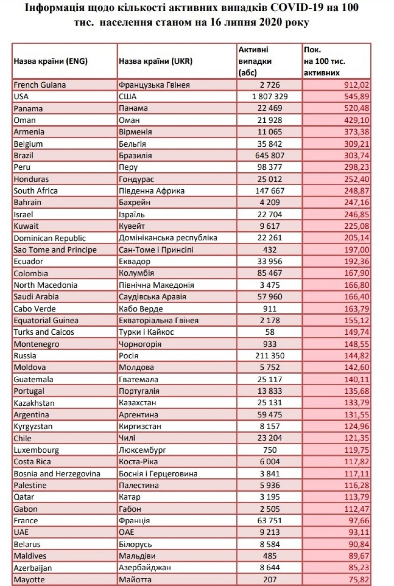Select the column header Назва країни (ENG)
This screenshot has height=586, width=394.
point(51,61)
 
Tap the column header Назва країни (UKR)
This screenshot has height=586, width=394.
point(156,61)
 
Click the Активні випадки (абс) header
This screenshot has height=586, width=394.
point(255,61)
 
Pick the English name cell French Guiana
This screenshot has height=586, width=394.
point(40,85)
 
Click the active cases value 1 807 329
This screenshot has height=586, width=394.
point(270,96)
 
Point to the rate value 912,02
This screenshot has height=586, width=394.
point(357,85)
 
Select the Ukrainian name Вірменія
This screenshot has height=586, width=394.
point(135,132)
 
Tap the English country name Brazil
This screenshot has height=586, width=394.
point(23,156)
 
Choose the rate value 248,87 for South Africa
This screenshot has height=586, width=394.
point(357,191)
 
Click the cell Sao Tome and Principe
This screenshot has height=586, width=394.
point(55,250)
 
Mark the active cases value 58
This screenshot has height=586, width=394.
point(270,332)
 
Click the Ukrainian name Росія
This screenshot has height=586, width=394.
point(129,356)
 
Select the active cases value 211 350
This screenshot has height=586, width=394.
point(270,356)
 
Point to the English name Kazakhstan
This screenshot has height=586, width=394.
point(34,403)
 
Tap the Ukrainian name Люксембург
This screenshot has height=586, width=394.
point(142,450)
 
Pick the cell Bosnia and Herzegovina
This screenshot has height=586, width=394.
point(57,473)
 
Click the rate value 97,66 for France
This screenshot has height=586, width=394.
point(359,521)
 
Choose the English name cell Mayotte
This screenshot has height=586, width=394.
point(29,579)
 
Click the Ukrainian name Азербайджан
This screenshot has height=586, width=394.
point(145,568)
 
